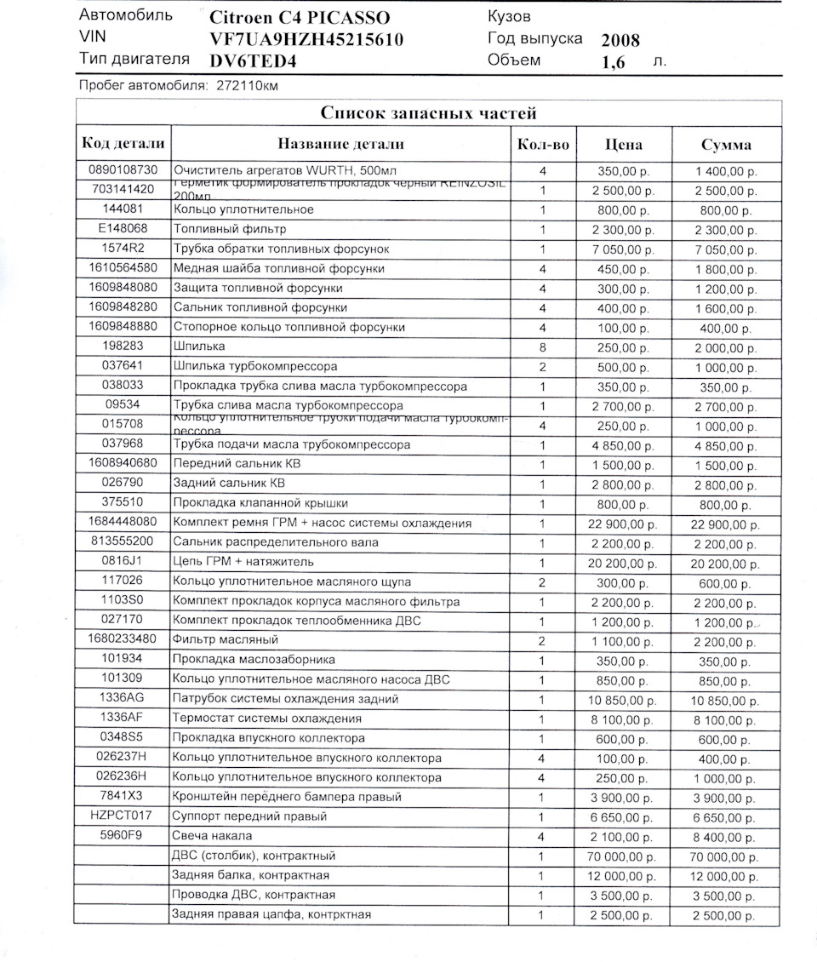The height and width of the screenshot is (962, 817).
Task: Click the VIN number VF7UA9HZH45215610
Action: pos(306,39)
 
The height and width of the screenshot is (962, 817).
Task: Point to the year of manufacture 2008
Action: pos(620,40)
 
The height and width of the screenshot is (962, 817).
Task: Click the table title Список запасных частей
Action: pos(428,113)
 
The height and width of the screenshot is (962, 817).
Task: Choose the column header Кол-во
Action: pos(543,144)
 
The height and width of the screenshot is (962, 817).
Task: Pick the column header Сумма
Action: pos(726,145)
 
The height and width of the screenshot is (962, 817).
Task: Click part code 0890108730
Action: pos(123,170)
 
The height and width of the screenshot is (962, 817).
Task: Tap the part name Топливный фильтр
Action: pos(230,229)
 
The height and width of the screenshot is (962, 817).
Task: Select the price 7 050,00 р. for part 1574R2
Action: pos(621,249)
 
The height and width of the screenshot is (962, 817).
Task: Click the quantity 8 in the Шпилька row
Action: pos(542,346)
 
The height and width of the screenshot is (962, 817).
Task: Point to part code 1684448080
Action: pos(123,522)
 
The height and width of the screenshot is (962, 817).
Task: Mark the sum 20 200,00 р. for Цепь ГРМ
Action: pos(725,563)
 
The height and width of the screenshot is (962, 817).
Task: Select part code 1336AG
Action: pos(123,698)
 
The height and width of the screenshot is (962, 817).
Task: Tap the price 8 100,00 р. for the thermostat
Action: pos(621,719)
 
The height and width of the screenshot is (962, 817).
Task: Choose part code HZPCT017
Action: pos(123,816)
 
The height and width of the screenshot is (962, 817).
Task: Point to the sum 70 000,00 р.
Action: pos(725,856)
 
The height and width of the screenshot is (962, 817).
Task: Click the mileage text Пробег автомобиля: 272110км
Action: pos(178,86)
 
